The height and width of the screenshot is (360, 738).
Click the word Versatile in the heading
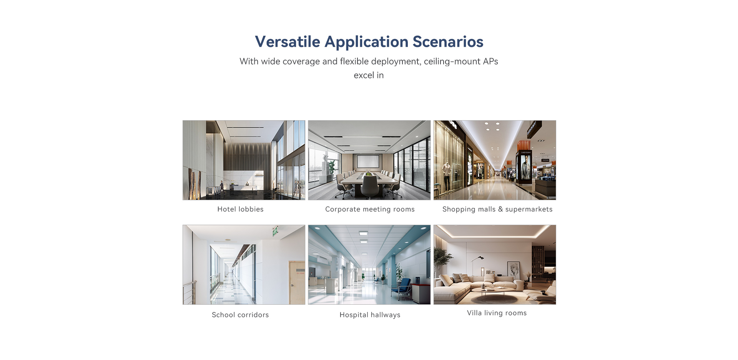click(x=288, y=41)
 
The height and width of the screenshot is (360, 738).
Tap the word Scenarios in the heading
click(x=448, y=41)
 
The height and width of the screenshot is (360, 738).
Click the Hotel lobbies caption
click(x=240, y=209)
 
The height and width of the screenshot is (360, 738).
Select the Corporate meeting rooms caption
click(x=370, y=209)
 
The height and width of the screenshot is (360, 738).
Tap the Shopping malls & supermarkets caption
click(x=497, y=209)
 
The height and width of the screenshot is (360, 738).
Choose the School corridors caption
click(x=240, y=315)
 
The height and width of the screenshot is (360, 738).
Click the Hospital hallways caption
click(x=370, y=315)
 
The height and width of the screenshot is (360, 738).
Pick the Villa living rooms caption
click(x=497, y=313)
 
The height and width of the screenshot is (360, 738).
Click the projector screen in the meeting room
click(x=368, y=161)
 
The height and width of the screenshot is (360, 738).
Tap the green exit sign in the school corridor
click(x=275, y=231)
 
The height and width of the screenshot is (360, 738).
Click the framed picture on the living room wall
click(x=514, y=269)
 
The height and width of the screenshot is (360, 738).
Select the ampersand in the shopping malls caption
click(x=500, y=209)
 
